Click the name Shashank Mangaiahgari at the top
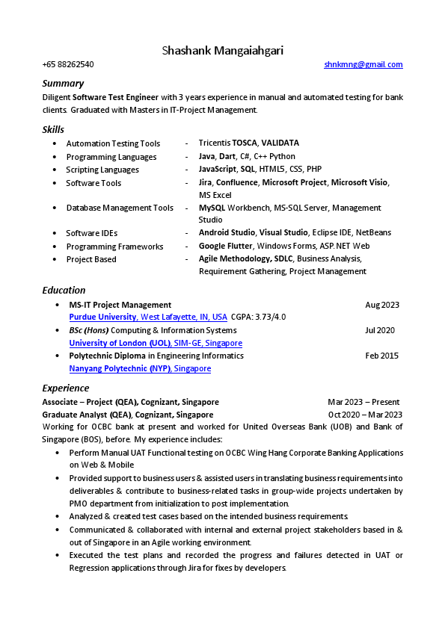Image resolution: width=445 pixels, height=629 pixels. (222, 51)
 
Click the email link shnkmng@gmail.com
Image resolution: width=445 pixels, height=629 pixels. (363, 65)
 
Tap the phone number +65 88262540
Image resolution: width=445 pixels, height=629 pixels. (68, 65)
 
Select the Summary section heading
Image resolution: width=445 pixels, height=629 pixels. (63, 83)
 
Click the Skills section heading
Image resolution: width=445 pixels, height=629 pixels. (53, 129)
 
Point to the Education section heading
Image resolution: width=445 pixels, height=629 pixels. (64, 290)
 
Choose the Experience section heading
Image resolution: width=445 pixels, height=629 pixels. (65, 388)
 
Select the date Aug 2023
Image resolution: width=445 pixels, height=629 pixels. (381, 305)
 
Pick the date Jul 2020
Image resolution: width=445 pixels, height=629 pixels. (380, 330)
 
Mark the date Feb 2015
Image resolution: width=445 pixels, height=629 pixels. (381, 356)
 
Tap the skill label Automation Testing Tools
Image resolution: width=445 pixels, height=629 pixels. (113, 143)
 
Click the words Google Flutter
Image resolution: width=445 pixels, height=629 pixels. (225, 247)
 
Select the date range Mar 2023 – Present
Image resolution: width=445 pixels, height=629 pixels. (363, 402)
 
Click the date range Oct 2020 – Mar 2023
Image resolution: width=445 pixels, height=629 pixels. (365, 415)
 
